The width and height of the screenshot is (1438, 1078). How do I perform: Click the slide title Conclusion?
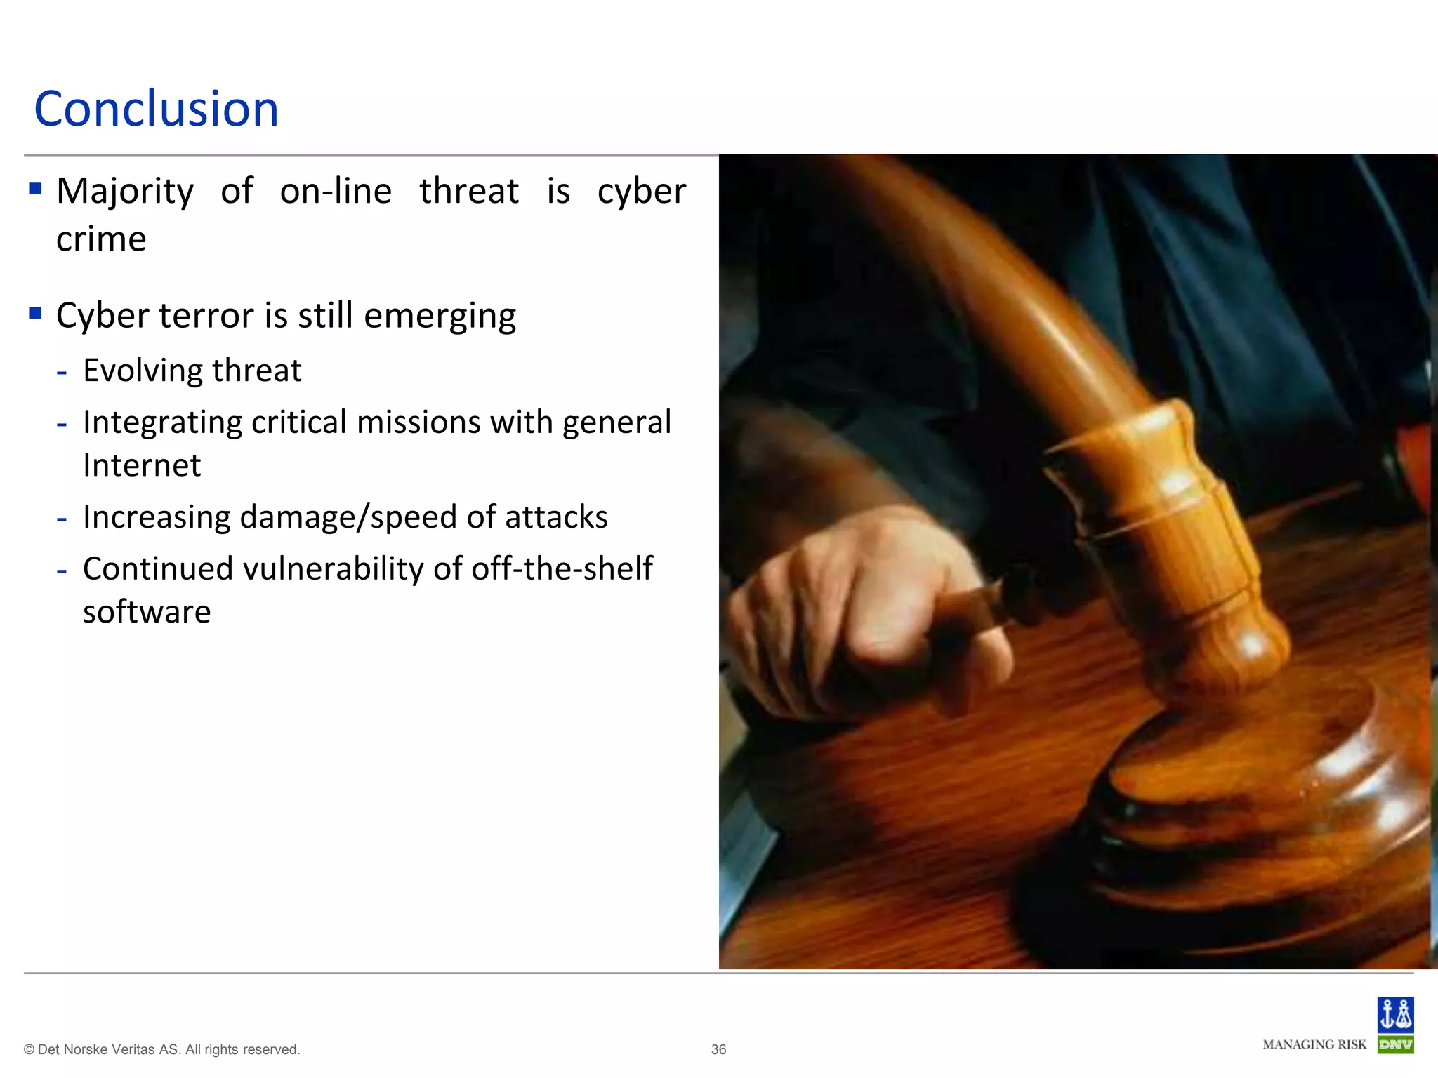(x=156, y=109)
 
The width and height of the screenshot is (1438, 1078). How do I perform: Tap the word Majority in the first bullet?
(x=125, y=192)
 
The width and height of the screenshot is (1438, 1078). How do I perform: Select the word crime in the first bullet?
(x=101, y=239)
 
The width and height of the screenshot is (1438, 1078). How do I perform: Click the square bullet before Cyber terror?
(x=36, y=313)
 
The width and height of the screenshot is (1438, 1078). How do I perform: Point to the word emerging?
(x=440, y=317)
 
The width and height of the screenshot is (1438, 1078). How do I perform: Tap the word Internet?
(x=142, y=465)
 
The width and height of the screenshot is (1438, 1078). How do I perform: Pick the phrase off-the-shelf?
(x=562, y=568)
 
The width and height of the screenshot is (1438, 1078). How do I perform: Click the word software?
(x=147, y=612)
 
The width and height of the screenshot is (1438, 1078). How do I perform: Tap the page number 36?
(x=718, y=1049)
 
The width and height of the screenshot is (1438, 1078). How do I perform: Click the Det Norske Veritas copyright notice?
(x=161, y=1049)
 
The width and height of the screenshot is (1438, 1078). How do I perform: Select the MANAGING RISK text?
(x=1314, y=1044)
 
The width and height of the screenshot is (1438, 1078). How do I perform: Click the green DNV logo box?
(x=1395, y=1044)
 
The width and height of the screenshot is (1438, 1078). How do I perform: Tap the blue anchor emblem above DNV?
(x=1395, y=1014)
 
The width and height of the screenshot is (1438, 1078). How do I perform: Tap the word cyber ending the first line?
(x=641, y=192)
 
